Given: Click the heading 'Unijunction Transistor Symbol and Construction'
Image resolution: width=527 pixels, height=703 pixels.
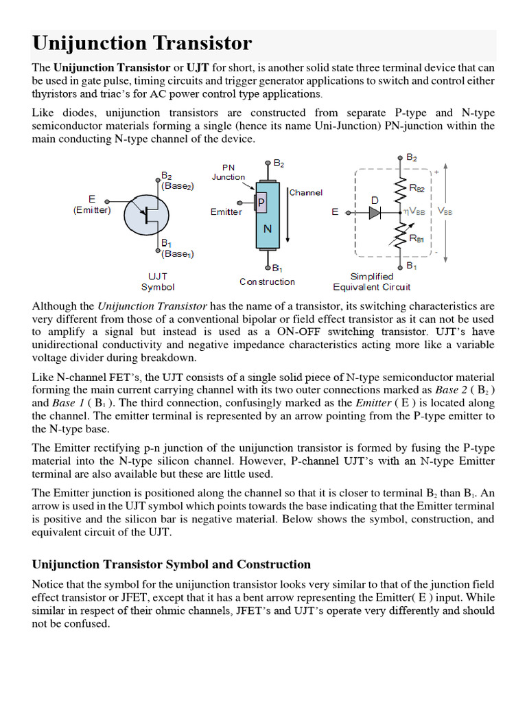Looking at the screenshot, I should [x=171, y=564].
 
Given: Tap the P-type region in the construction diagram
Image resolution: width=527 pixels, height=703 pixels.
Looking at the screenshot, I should [x=261, y=203].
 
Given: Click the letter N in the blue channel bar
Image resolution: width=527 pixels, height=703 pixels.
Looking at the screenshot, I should [x=267, y=231].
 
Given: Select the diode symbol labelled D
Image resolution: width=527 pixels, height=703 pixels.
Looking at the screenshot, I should [x=374, y=212].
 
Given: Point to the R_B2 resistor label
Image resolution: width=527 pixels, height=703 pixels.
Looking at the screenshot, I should [x=417, y=187].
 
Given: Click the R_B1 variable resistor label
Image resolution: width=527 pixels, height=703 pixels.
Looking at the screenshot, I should [x=417, y=238].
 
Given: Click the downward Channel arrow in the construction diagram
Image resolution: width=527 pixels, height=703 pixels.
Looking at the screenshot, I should [x=288, y=220].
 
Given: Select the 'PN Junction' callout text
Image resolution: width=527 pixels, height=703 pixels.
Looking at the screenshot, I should [x=228, y=172].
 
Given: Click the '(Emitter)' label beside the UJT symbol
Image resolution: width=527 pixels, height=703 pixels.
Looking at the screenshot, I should [x=91, y=210].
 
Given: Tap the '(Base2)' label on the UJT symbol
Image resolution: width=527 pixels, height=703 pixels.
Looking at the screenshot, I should [x=178, y=185].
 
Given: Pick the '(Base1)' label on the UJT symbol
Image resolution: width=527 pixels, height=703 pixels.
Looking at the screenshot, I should [x=177, y=253].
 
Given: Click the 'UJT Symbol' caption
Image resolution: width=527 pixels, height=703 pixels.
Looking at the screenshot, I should [x=158, y=281].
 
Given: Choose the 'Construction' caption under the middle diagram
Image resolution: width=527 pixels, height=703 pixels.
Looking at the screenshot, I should [x=267, y=281].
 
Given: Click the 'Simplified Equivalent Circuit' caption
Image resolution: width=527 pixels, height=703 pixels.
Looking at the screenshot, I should [x=371, y=281].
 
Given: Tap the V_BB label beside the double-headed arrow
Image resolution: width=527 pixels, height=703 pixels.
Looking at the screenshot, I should [x=445, y=212].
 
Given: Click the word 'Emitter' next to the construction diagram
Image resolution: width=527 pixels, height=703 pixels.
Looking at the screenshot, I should [x=226, y=212].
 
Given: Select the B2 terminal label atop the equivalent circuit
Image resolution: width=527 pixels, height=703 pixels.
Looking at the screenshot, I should [x=411, y=157].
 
